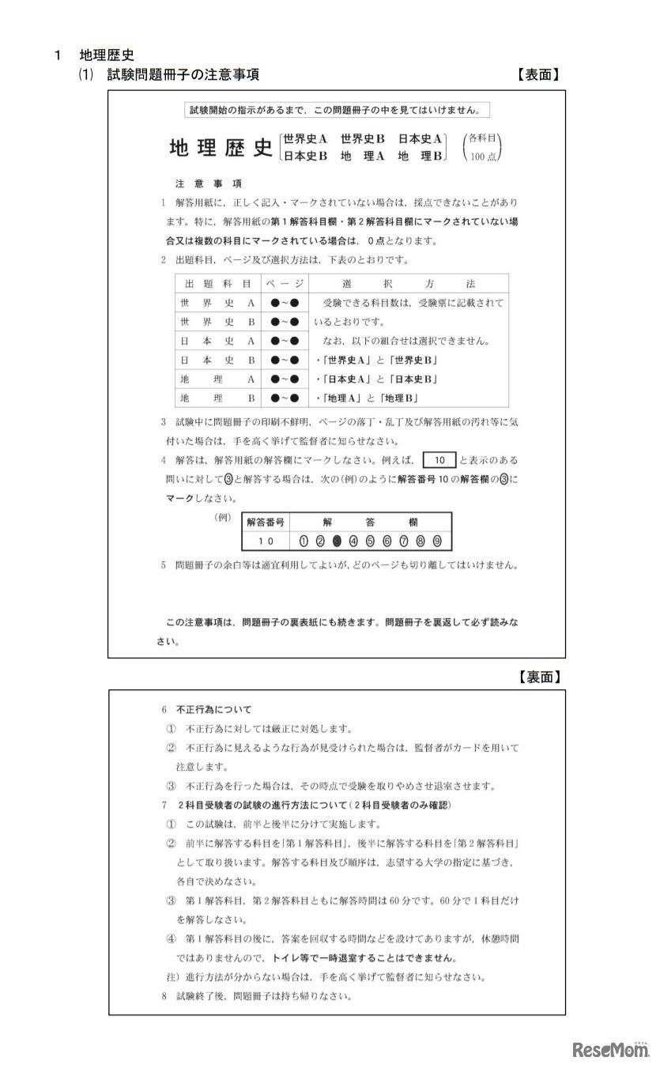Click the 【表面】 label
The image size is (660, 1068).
click(538, 75)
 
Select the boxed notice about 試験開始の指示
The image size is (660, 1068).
click(337, 110)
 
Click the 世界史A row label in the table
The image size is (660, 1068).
click(217, 303)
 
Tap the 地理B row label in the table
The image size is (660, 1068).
click(217, 398)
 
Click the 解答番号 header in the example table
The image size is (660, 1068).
click(266, 523)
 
